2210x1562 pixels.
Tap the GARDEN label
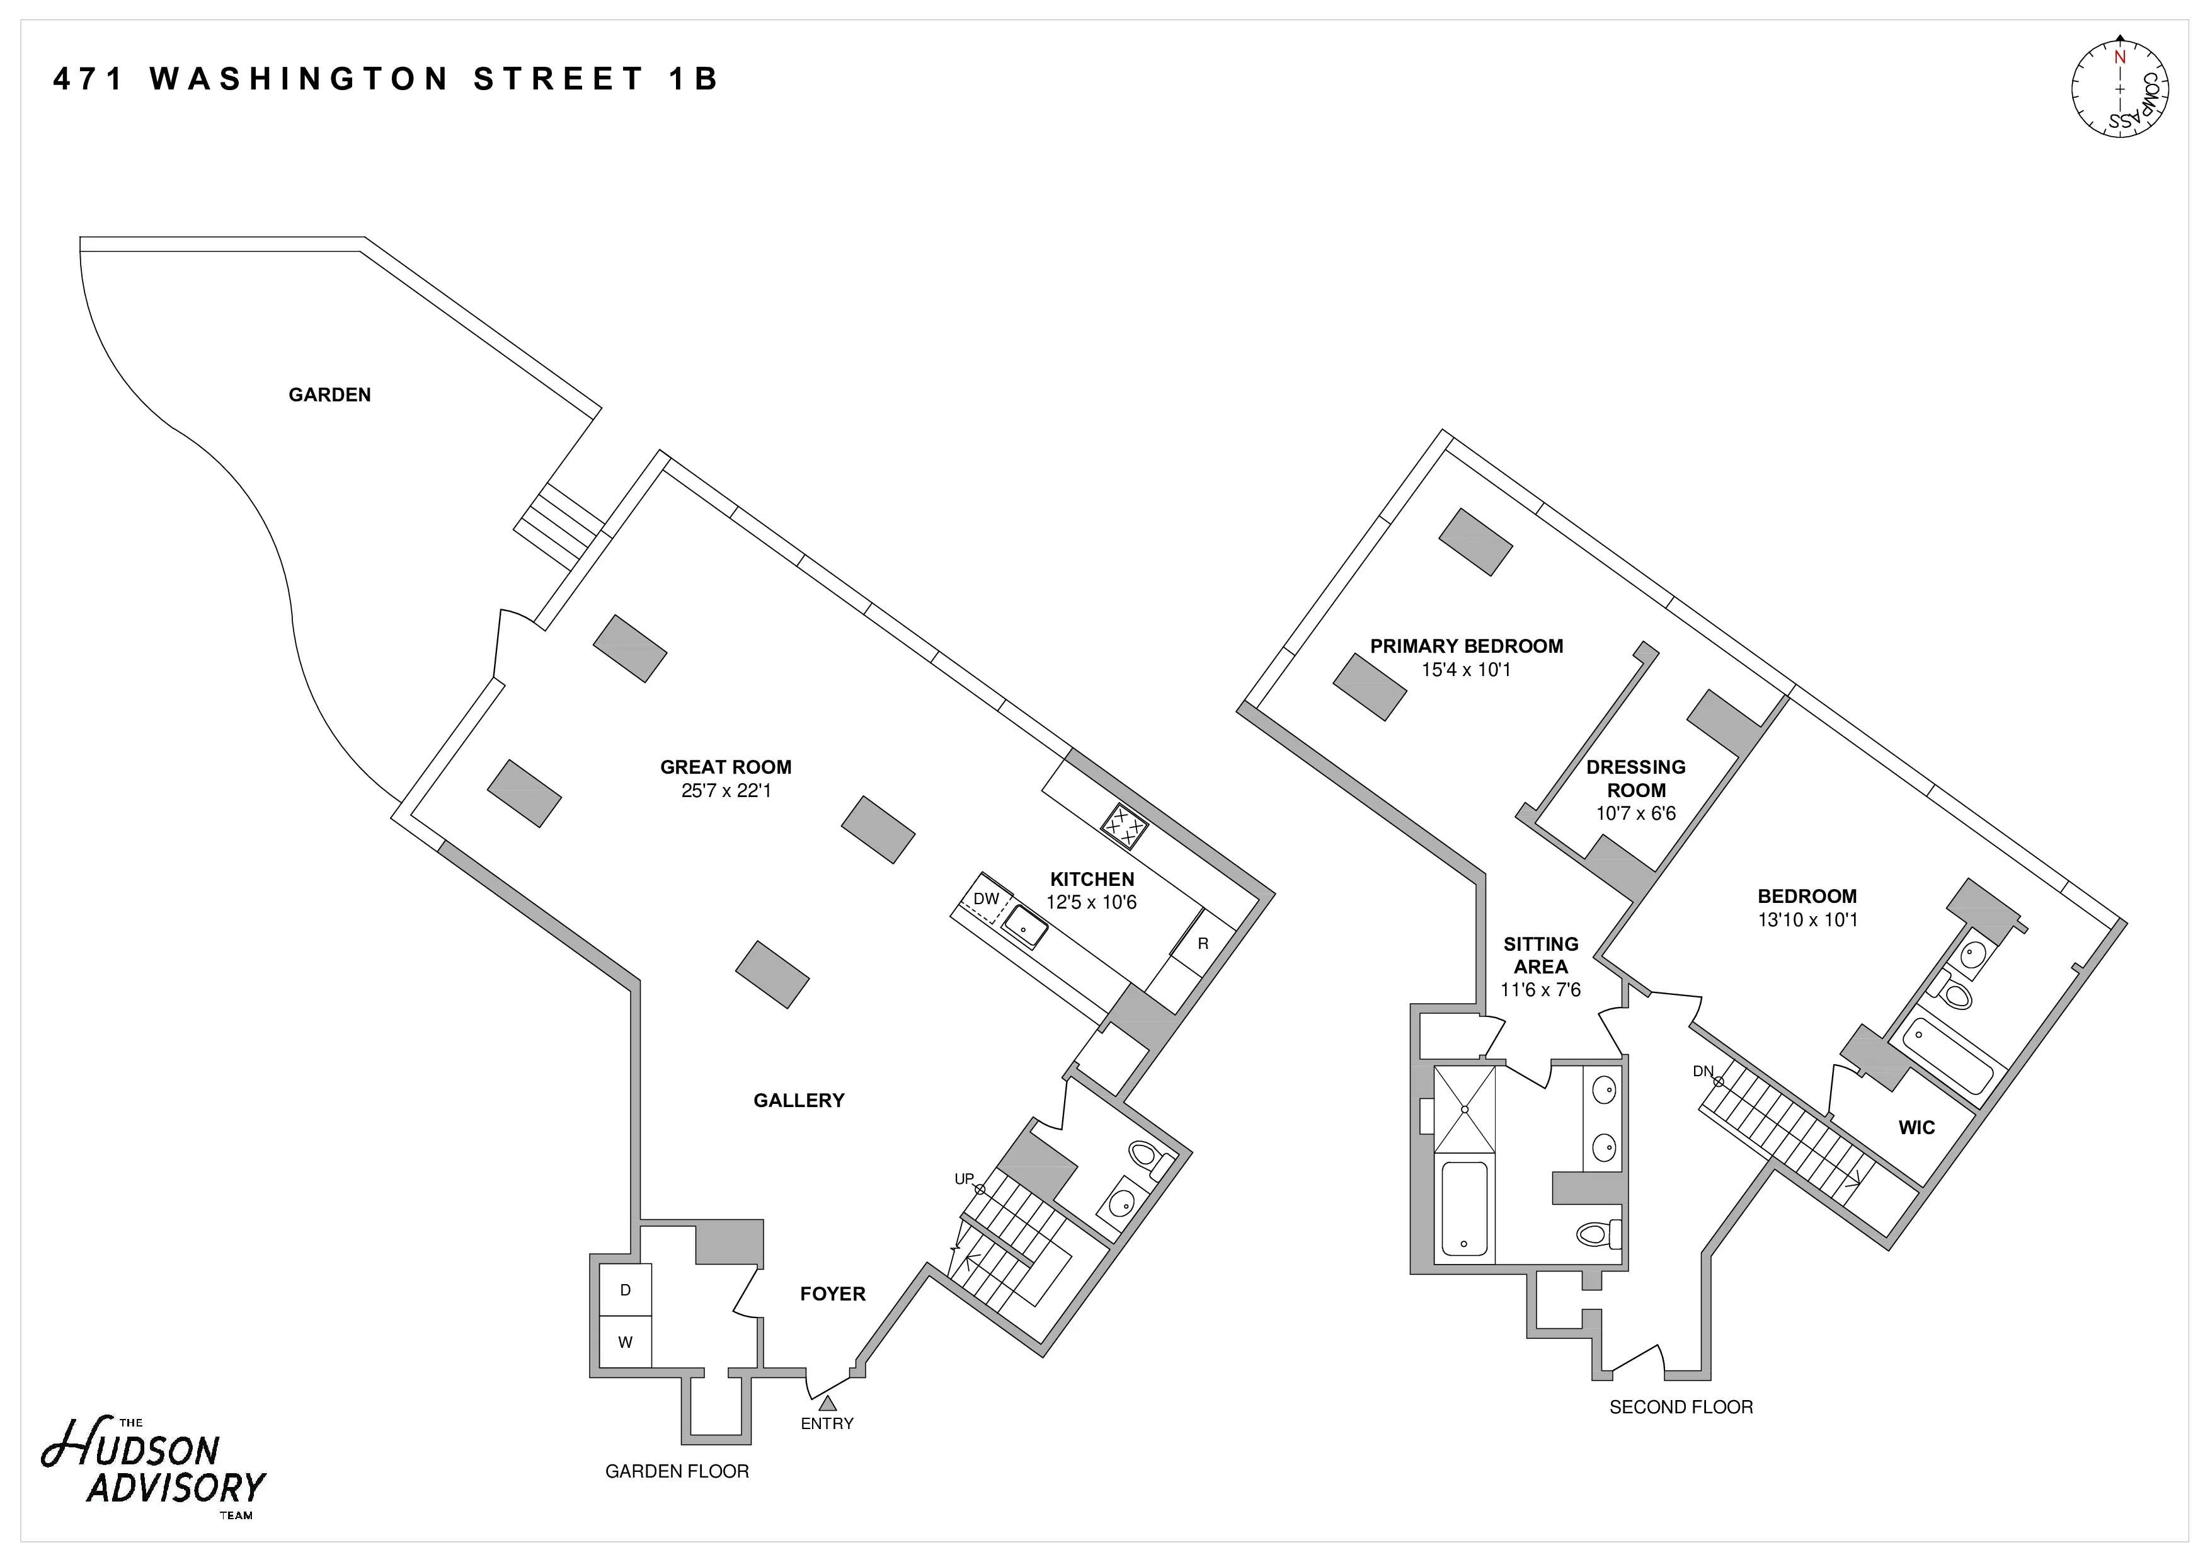pyautogui.click(x=329, y=394)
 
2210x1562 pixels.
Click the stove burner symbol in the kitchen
pyautogui.click(x=1125, y=826)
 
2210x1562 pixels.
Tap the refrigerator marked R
pyautogui.click(x=1202, y=944)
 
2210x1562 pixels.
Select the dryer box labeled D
pyautogui.click(x=625, y=1290)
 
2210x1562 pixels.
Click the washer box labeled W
pyautogui.click(x=625, y=1341)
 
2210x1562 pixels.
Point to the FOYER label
pyautogui.click(x=833, y=1294)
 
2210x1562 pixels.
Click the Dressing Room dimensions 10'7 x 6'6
pyautogui.click(x=1635, y=813)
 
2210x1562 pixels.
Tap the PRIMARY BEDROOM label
pyautogui.click(x=1466, y=646)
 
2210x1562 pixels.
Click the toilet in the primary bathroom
pyautogui.click(x=1598, y=1234)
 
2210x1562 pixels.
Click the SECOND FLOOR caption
pyautogui.click(x=1681, y=1407)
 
